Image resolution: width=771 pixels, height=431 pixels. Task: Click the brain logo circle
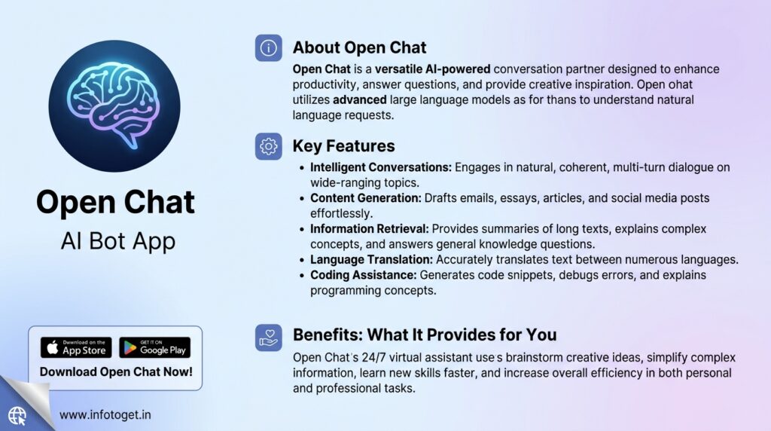(114, 106)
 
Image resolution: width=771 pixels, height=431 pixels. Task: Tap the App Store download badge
(76, 347)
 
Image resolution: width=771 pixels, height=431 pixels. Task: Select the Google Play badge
(155, 347)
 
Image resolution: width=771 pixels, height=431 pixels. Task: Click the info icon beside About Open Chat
(269, 47)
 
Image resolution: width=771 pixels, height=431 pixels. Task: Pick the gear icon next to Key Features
(269, 146)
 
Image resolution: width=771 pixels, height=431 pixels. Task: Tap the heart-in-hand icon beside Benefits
(269, 338)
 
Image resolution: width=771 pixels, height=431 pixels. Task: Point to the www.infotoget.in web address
(105, 414)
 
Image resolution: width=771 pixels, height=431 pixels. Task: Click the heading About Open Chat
(359, 47)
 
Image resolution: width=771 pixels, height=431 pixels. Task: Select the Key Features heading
(343, 145)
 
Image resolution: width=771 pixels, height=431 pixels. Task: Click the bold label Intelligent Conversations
(381, 167)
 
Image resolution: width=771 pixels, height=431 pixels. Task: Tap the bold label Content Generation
(366, 197)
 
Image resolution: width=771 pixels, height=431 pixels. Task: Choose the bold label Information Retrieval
(370, 229)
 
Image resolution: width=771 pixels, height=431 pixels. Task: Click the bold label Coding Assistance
(364, 275)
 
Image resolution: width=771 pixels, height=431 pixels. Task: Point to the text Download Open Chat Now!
(116, 371)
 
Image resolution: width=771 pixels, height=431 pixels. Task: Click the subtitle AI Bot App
(118, 241)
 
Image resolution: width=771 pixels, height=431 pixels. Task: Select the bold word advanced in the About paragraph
(359, 100)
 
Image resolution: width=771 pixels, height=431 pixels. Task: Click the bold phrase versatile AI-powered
(433, 69)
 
